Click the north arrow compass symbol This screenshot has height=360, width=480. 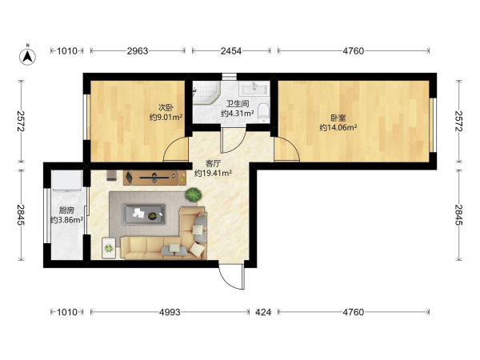(27, 57)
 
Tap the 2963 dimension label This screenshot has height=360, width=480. (138, 51)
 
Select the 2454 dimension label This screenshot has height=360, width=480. (231, 51)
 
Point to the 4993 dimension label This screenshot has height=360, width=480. (170, 312)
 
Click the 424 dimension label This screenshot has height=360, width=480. (263, 312)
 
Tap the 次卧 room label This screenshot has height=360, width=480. (166, 108)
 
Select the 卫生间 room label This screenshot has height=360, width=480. (238, 104)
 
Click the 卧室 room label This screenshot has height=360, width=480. (338, 118)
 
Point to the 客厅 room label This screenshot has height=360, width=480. (213, 163)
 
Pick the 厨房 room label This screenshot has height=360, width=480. (66, 210)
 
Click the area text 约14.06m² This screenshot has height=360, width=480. (338, 128)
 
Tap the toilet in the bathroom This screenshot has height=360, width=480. (263, 111)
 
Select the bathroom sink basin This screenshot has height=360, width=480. (254, 89)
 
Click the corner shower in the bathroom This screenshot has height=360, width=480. (205, 92)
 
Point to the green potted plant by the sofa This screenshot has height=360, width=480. (193, 194)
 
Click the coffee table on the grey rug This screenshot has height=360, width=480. (144, 214)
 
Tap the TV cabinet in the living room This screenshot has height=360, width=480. (154, 178)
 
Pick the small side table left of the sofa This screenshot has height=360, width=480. (109, 248)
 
